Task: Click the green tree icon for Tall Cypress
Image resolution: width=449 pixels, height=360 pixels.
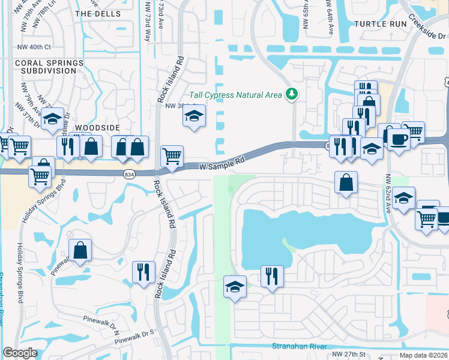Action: click(291, 94)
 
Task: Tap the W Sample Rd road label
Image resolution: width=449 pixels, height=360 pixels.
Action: click(223, 162)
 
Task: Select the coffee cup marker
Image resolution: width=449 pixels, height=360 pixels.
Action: click(399, 140)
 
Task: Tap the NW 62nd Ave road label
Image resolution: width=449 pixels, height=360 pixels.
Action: click(389, 193)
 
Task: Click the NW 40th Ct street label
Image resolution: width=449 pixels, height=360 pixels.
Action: click(35, 46)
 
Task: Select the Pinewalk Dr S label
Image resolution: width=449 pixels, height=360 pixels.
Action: click(136, 337)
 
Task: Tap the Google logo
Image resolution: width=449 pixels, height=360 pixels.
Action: click(20, 353)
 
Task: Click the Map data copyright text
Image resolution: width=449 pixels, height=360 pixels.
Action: click(423, 355)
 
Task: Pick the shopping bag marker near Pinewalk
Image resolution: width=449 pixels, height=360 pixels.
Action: click(80, 251)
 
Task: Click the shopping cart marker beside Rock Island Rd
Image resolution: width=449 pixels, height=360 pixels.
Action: click(172, 156)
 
